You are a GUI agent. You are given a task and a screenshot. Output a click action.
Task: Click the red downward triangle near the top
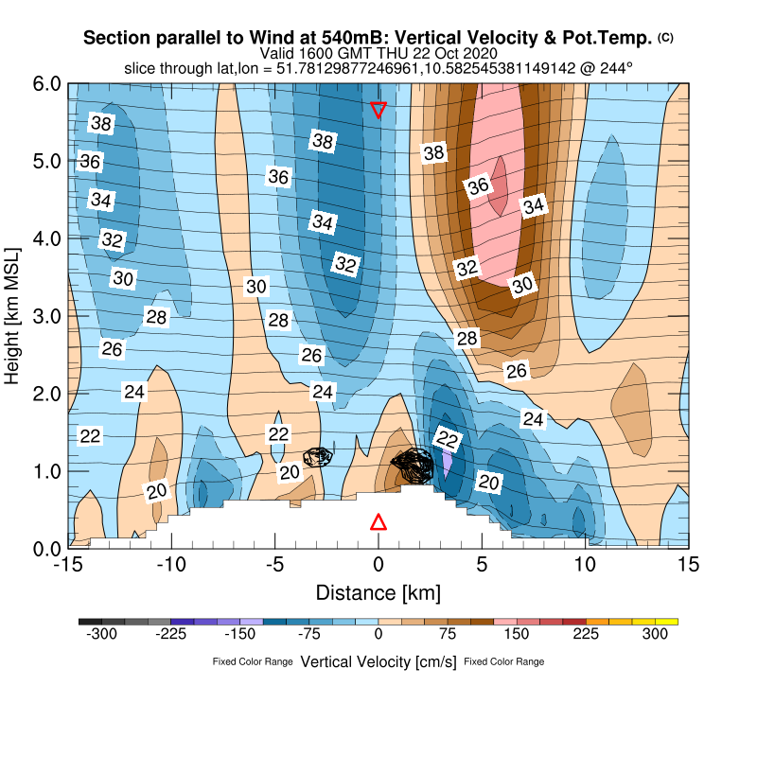[378, 110]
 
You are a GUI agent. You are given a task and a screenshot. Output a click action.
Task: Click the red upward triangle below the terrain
[378, 522]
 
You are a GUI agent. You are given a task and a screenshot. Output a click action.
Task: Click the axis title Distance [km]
[378, 593]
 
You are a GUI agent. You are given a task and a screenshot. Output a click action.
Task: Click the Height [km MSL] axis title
[13, 316]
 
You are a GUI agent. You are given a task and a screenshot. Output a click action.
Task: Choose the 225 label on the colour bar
[587, 636]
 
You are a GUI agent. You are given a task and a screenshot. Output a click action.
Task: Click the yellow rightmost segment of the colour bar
[668, 622]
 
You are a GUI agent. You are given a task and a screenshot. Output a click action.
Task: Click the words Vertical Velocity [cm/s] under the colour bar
[378, 661]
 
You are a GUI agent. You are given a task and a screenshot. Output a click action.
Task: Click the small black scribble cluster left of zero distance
[319, 456]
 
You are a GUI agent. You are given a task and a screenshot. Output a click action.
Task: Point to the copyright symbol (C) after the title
[665, 37]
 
